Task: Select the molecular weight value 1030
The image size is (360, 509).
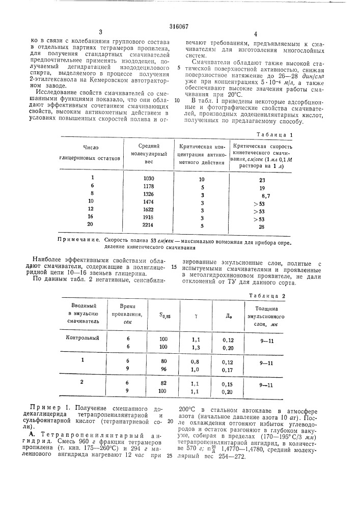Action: click(x=148, y=179)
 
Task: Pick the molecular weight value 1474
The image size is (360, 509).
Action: click(x=148, y=203)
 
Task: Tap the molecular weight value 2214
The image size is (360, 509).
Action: click(x=148, y=228)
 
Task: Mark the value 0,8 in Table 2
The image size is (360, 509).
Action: click(x=196, y=360)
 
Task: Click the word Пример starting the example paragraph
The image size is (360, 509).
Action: click(x=46, y=408)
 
